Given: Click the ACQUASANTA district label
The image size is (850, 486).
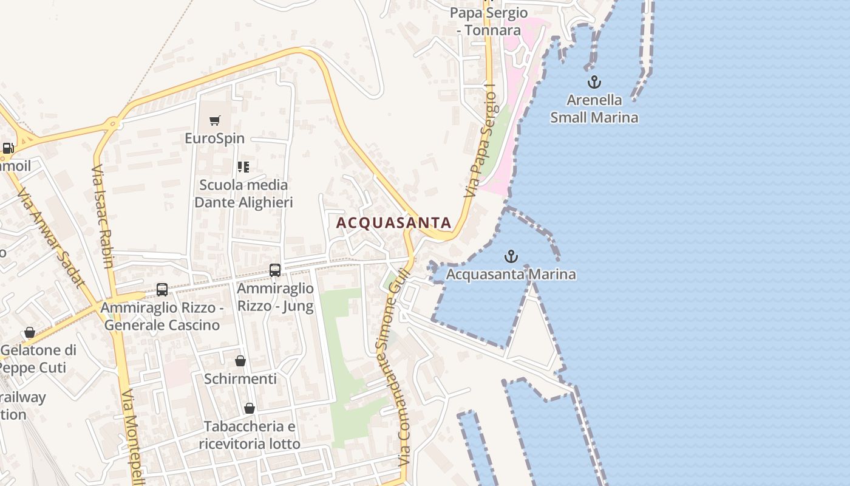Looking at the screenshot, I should pos(393,223).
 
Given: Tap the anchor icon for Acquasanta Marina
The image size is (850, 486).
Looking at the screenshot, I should pos(511,256).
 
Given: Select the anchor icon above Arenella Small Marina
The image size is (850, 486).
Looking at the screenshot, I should pos(594,82).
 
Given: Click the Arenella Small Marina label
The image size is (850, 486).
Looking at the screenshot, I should pos(594,109).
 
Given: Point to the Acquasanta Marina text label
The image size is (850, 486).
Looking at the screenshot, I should pos(511,275).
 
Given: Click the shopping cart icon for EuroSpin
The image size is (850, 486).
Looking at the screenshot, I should pos(214,120).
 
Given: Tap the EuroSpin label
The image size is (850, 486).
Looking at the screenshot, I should pos(214,139).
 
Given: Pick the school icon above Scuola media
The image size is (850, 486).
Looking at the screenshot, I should pos(243,166).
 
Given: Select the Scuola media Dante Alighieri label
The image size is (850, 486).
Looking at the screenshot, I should pos(243,193).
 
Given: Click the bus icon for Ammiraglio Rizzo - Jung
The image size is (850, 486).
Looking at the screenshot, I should pos(275,270).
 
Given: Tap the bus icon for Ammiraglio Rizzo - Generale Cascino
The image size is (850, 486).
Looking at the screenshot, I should pos(161,290).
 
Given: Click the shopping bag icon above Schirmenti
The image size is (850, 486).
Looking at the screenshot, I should pos(240,361).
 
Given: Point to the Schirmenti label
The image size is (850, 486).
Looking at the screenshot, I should pos(240,379).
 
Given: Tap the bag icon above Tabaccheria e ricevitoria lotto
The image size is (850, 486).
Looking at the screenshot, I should pos(250,408).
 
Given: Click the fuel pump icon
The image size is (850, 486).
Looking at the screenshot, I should pos(8,148).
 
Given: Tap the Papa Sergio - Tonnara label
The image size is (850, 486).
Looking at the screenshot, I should pos(489,21).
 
